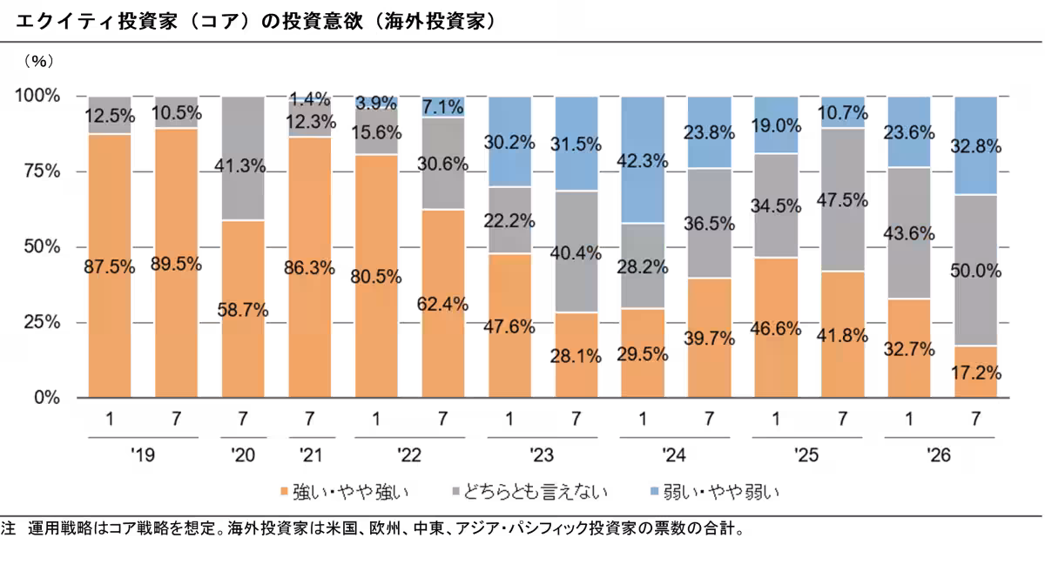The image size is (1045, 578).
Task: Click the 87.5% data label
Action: [109, 267]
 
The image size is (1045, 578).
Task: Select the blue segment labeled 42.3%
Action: [643, 160]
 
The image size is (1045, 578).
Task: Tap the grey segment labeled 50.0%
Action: [976, 270]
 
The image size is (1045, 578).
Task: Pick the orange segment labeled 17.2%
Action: [976, 372]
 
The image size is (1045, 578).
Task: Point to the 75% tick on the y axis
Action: [42, 171]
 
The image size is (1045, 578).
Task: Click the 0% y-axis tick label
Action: [47, 398]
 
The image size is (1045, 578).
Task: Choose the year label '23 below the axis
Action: [542, 455]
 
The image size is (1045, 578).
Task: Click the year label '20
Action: [243, 455]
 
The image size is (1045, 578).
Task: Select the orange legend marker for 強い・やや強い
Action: [284, 491]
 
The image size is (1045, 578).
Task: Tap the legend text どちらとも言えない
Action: [535, 492]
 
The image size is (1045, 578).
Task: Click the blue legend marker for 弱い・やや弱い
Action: [654, 491]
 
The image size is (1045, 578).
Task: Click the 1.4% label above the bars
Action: [310, 98]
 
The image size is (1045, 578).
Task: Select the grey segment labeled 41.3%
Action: [243, 158]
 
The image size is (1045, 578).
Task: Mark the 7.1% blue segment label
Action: [443, 107]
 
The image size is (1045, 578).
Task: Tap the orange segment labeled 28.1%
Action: [576, 355]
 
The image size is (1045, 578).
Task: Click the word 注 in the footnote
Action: [8, 528]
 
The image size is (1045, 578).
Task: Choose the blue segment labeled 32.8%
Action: [976, 145]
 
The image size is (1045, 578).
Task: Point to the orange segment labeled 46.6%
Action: [776, 327]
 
